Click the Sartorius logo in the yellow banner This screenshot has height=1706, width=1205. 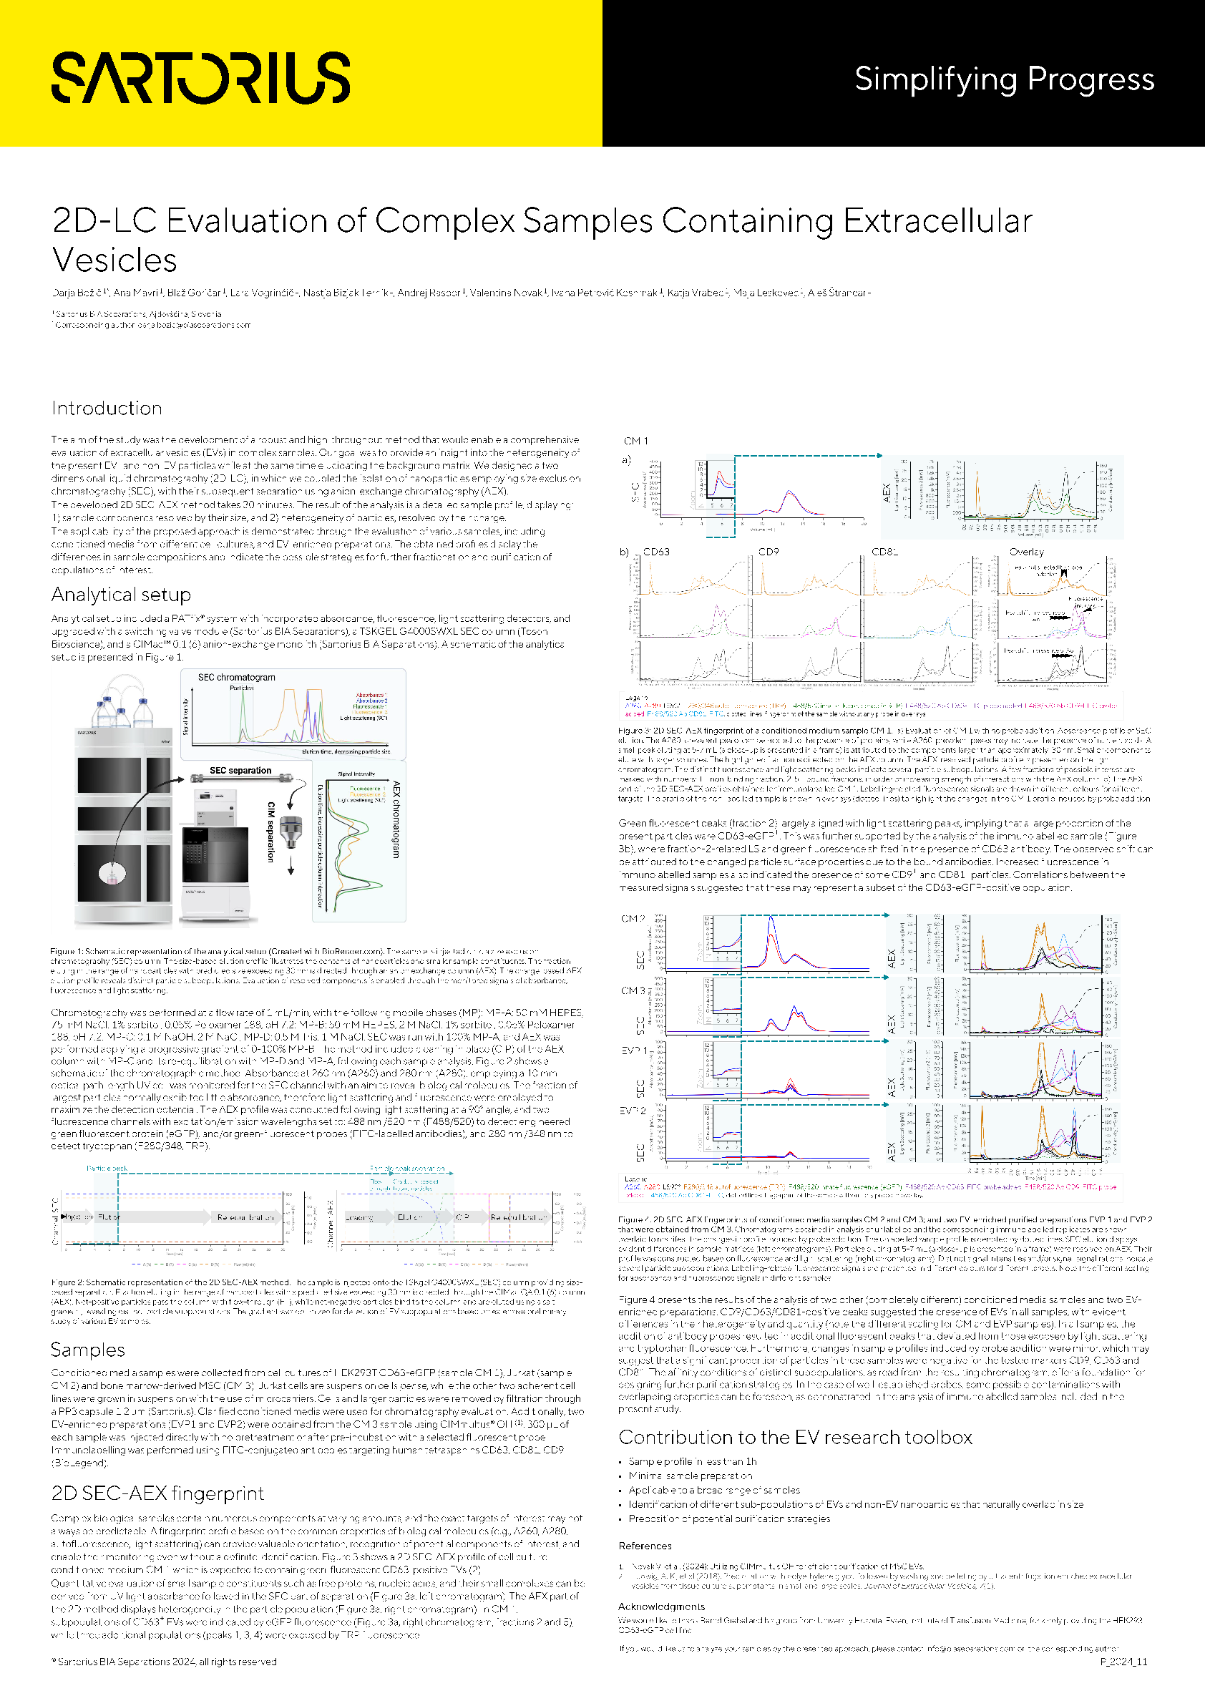200,77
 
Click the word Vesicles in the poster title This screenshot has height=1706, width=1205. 114,260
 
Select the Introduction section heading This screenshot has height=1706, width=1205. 107,408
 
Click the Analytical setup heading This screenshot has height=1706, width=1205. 121,595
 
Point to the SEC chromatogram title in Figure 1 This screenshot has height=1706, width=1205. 236,677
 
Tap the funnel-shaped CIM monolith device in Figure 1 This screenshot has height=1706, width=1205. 291,832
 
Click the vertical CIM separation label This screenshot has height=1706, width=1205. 270,832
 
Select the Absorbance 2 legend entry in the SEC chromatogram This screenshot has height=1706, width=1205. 371,701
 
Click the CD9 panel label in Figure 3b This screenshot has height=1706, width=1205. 769,551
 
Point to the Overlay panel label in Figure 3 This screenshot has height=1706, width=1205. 1027,551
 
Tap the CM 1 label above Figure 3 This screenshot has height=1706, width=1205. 636,441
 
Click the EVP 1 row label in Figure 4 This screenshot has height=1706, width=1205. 634,1051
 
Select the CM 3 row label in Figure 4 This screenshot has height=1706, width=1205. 633,990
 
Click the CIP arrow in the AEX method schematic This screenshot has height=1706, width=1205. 464,1217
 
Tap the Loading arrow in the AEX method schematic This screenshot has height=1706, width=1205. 365,1217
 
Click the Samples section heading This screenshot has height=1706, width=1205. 88,1350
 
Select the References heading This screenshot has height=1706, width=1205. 645,1546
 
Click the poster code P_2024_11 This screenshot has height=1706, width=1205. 1123,1662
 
